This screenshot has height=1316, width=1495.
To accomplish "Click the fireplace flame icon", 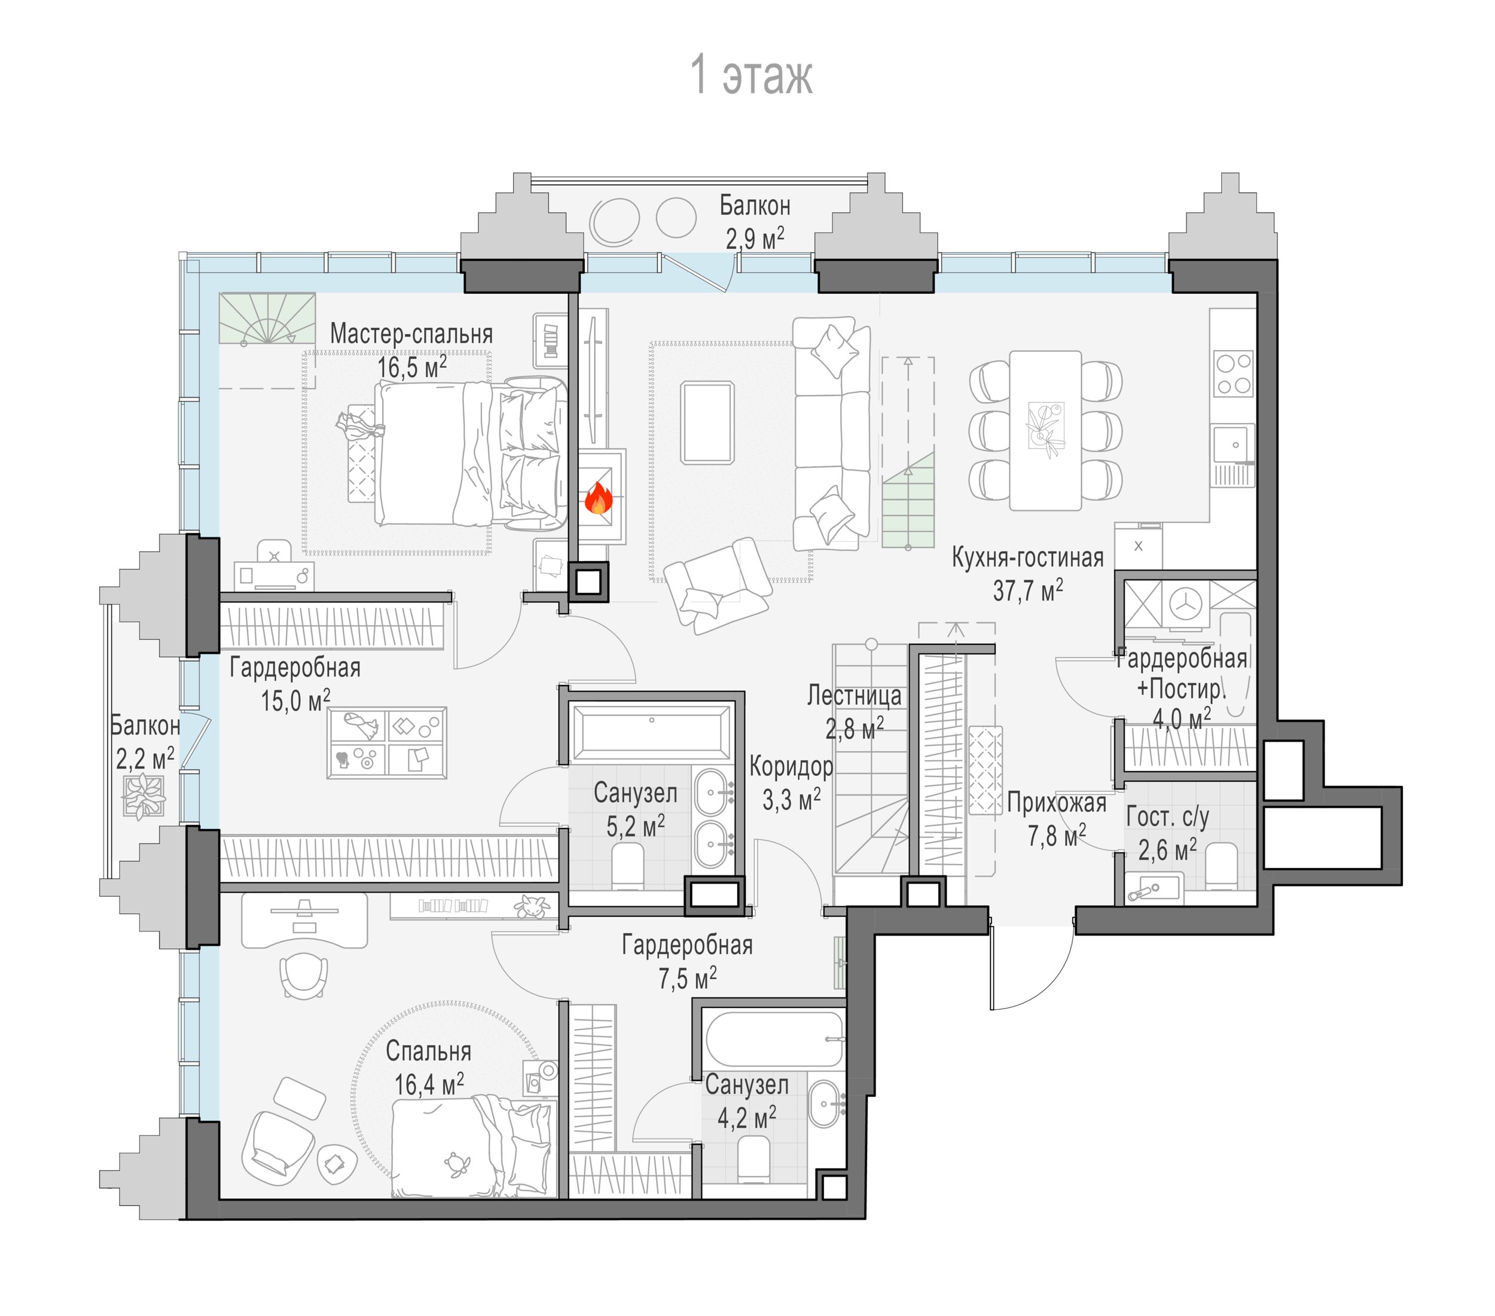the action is click(597, 498).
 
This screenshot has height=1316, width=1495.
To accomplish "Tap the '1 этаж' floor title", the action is click(751, 75).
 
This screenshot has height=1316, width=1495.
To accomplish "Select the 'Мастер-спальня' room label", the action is click(411, 334).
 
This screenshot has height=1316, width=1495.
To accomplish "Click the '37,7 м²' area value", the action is click(1027, 590).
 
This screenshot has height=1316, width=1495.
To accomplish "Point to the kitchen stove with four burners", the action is click(1233, 373).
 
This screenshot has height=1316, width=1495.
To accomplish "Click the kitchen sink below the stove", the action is click(1234, 445).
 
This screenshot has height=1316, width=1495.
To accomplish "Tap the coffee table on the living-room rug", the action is click(707, 423).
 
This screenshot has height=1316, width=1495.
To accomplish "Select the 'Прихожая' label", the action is click(1056, 803).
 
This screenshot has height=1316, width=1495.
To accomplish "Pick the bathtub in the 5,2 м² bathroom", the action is click(651, 732).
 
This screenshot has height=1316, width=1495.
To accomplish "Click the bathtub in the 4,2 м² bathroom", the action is click(774, 1040).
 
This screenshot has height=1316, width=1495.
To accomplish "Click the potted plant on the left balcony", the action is click(144, 796).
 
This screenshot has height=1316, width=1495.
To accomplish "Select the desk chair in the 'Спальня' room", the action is click(304, 975).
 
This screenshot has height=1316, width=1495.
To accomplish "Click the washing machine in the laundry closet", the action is click(1185, 604).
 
